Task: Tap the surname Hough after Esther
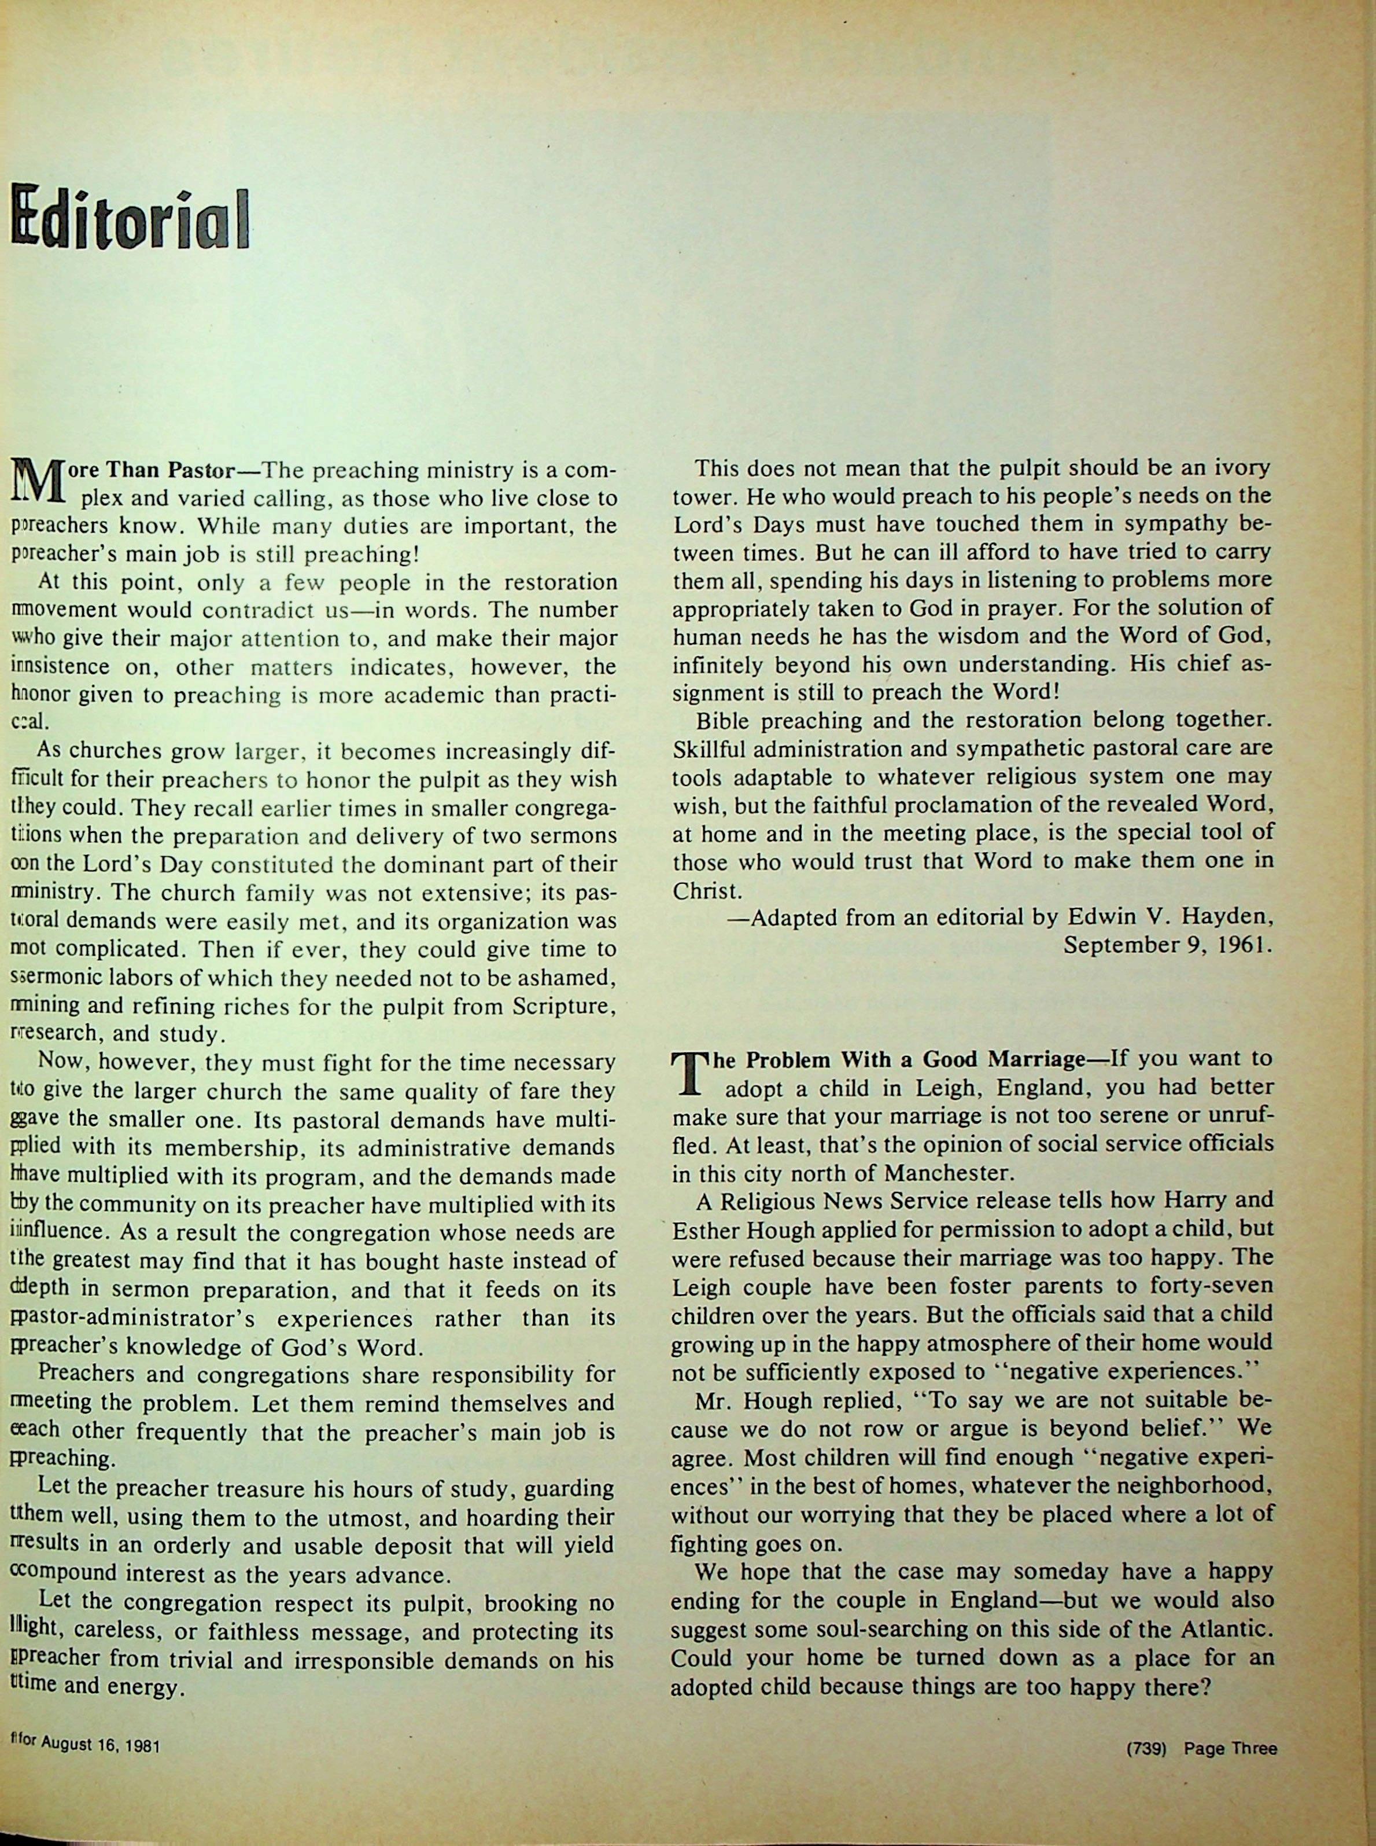coord(774,1230)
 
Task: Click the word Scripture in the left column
coord(563,1006)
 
